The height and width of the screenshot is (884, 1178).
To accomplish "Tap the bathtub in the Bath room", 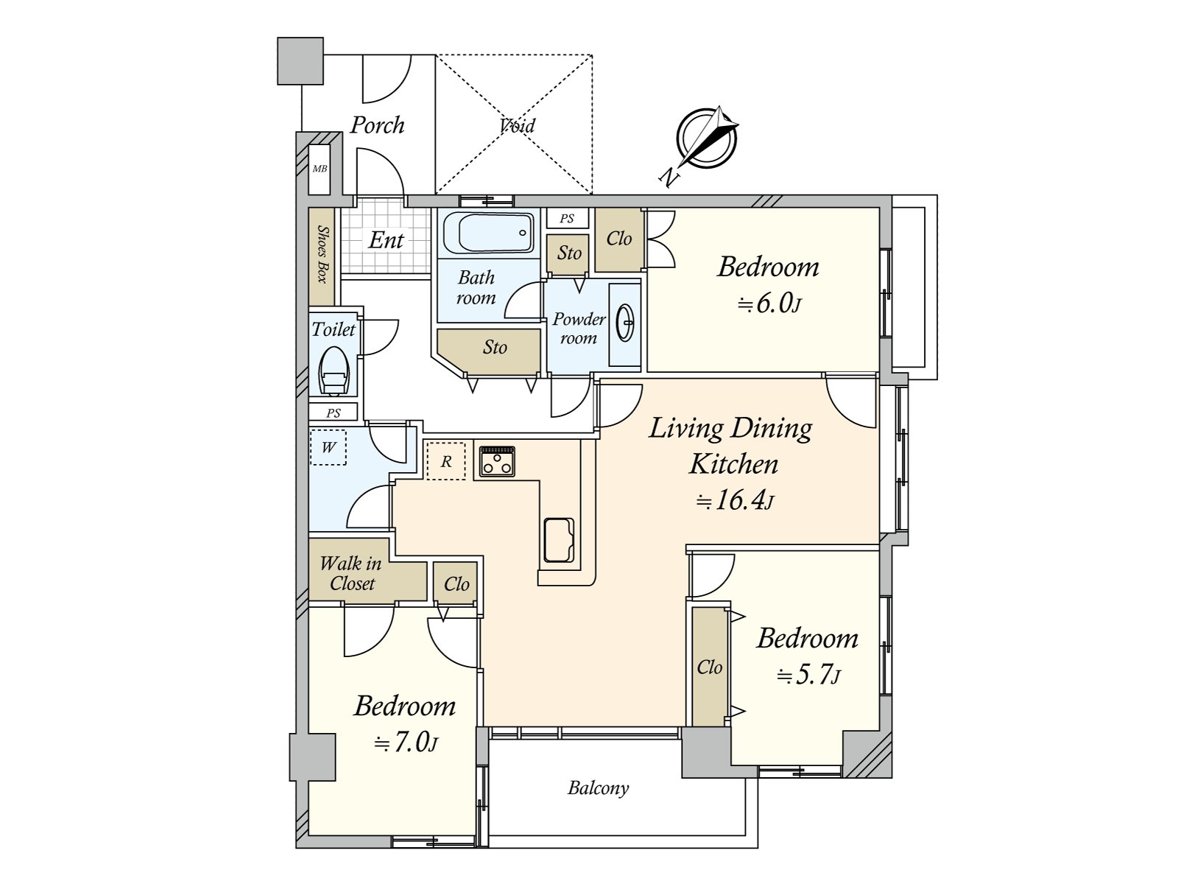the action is pyautogui.click(x=488, y=233).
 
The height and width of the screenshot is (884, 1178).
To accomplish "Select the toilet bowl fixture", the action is pyautogui.click(x=334, y=371).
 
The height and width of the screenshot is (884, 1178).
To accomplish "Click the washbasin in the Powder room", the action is pyautogui.click(x=624, y=323).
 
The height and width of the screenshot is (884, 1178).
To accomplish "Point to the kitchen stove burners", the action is pyautogui.click(x=497, y=461).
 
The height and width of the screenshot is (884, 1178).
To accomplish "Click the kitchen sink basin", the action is pyautogui.click(x=559, y=539).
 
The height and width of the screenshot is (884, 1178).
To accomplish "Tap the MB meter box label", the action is pyautogui.click(x=320, y=169).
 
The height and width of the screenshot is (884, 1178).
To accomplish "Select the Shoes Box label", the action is pyautogui.click(x=322, y=254).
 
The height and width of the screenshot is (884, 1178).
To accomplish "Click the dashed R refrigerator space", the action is pyautogui.click(x=446, y=460).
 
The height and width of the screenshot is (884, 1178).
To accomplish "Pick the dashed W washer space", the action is pyautogui.click(x=328, y=447).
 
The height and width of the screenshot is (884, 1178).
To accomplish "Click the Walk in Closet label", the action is pyautogui.click(x=351, y=573).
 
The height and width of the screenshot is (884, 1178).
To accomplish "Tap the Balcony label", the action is pyautogui.click(x=599, y=788).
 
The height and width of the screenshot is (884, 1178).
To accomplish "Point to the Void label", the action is pyautogui.click(x=517, y=125).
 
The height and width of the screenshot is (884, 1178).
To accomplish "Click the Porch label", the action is pyautogui.click(x=377, y=125).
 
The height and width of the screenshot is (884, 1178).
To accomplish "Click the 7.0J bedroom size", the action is pyautogui.click(x=406, y=743).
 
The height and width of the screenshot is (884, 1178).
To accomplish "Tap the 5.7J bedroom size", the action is pyautogui.click(x=808, y=675).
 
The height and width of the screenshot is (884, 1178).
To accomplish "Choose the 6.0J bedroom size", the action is pyautogui.click(x=769, y=304).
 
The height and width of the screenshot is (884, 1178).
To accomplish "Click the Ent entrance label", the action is pyautogui.click(x=386, y=240).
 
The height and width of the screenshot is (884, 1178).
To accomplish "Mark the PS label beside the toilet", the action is pyautogui.click(x=334, y=413).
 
